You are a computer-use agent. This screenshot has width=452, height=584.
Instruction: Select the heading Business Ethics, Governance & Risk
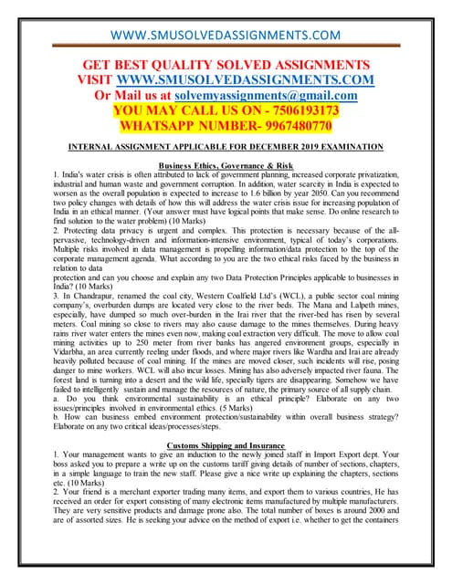point(226,165)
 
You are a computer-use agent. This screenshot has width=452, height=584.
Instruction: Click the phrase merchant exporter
point(128,491)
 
